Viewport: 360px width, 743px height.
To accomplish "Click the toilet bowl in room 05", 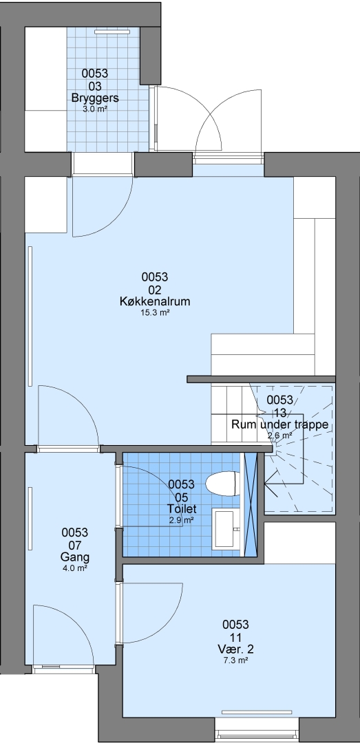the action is click(222, 484).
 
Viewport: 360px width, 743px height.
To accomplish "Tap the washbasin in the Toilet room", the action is click(227, 528).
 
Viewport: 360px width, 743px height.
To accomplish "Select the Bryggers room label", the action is click(95, 98).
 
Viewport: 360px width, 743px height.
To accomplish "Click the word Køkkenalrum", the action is click(155, 301).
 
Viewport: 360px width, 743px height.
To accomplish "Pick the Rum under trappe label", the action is click(280, 424).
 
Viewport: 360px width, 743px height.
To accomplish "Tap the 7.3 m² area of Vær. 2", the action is click(235, 660).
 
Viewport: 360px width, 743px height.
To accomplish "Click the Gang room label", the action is click(75, 557).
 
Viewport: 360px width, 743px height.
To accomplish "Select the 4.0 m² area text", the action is click(75, 568).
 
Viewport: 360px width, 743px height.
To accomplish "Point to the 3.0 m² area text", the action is click(95, 109).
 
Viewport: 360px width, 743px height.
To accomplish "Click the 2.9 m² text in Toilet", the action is click(181, 520).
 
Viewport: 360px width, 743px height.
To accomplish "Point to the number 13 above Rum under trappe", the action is click(280, 413).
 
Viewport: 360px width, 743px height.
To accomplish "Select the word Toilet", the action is click(181, 509).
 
